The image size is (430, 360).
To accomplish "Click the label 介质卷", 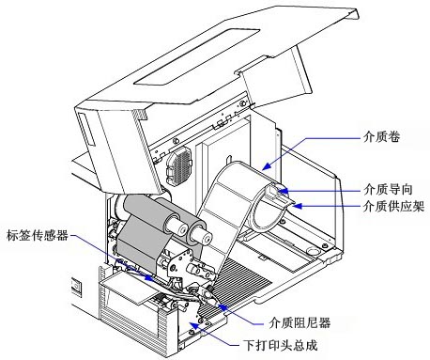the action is [381, 137].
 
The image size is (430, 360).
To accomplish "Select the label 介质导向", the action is [388, 189].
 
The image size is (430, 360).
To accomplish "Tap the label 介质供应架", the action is [393, 206].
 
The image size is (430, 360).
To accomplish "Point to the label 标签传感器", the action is [38, 235].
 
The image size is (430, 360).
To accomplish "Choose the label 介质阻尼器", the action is [299, 322].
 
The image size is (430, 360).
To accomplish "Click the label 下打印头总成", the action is [281, 345].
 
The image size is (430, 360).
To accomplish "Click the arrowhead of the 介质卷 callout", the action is [266, 166].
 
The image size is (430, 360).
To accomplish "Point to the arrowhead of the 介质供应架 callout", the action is [297, 206].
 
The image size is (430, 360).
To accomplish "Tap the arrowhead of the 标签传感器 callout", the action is [149, 277].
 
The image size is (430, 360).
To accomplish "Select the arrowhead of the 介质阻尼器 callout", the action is [222, 306].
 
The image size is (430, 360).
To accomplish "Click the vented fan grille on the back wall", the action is [178, 165].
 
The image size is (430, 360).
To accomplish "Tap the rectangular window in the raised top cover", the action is [197, 56].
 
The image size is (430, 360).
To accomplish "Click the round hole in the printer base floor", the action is [312, 251].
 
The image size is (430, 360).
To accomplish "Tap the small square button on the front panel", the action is [76, 287].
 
